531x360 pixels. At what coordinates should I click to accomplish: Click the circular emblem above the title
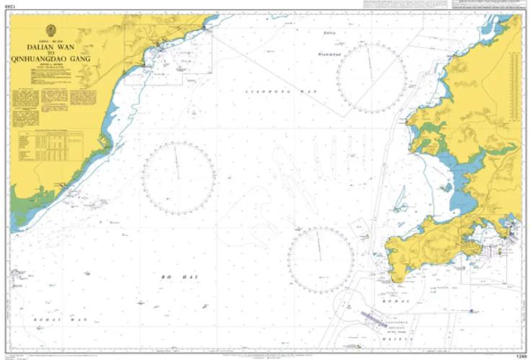point(50,30)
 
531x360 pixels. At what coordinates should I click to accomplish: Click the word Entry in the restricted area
point(330,34)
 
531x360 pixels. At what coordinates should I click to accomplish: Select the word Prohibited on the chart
point(331,55)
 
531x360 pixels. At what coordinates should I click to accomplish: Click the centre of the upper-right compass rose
point(371,78)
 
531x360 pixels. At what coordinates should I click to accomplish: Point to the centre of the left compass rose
point(178,178)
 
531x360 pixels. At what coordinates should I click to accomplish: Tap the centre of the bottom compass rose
point(320,260)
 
